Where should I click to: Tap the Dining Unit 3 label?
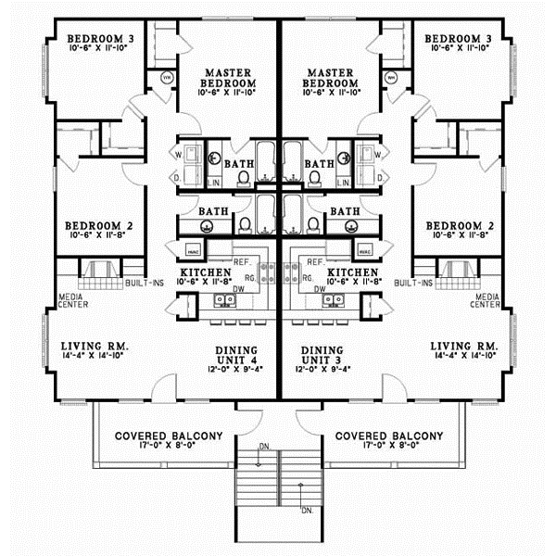tap(322, 358)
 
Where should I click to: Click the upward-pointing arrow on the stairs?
tap(301, 490)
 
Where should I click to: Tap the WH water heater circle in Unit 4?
tap(168, 78)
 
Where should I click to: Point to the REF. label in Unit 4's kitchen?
tap(245, 262)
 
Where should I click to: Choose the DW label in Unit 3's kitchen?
tap(319, 289)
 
